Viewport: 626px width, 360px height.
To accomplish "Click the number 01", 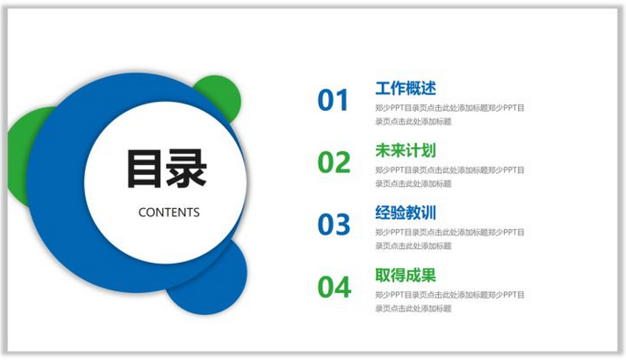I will [x=334, y=100].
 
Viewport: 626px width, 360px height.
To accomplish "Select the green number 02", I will [x=334, y=162].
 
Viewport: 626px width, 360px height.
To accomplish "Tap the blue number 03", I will [x=334, y=224].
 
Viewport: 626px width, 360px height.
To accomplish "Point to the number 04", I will [x=334, y=287].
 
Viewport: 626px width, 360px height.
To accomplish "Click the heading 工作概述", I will [x=405, y=89].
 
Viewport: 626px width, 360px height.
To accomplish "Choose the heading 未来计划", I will [x=405, y=150].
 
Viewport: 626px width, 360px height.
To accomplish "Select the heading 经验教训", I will [x=405, y=213].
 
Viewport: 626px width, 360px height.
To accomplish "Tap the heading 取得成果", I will [x=405, y=275].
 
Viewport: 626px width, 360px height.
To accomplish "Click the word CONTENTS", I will [x=169, y=213].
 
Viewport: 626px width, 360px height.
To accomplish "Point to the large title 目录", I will [x=167, y=169].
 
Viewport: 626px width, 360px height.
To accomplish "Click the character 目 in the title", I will [x=146, y=169].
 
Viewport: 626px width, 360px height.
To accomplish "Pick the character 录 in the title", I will [x=188, y=169].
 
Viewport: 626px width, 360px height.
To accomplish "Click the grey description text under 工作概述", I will [x=449, y=115].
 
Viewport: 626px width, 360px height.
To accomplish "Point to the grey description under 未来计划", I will [x=449, y=177].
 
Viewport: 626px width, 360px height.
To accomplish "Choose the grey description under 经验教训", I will [x=449, y=239].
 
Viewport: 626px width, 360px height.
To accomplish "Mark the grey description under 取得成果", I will [x=449, y=301].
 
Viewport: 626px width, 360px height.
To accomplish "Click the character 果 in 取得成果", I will [x=428, y=275].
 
